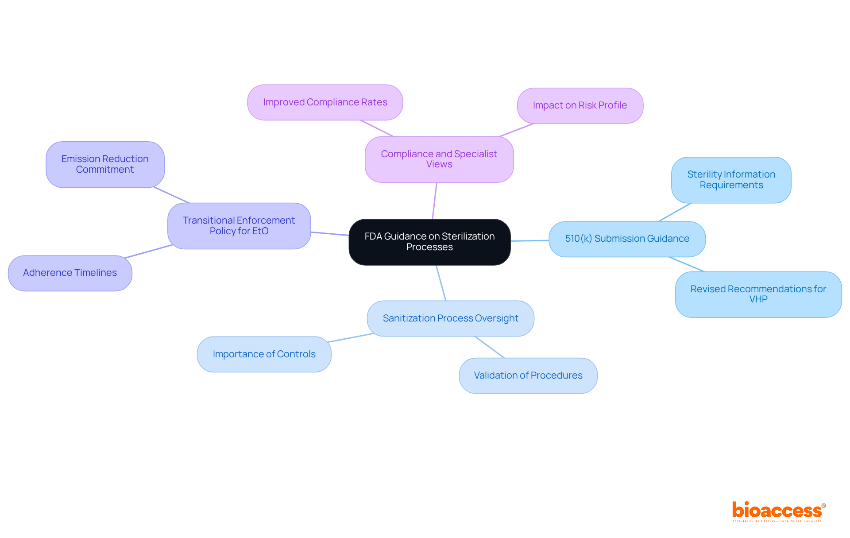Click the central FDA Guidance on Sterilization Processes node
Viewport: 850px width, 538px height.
[429, 242]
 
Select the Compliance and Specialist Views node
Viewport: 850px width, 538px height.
[439, 159]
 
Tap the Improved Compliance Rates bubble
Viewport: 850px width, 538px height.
[325, 102]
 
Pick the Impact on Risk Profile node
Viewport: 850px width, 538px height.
[580, 105]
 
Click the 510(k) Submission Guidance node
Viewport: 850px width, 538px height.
[627, 239]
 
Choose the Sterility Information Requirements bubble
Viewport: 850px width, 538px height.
[731, 180]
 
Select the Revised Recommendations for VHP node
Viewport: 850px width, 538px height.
[758, 294]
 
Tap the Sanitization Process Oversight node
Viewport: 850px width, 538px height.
[450, 318]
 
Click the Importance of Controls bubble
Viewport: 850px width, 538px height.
[264, 354]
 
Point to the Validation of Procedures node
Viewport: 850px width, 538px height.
[528, 375]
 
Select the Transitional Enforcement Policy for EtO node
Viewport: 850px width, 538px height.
[239, 226]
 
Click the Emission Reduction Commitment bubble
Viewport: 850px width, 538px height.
[105, 164]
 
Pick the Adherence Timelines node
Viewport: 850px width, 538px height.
[70, 273]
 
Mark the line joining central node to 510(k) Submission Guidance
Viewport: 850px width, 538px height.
[529, 240]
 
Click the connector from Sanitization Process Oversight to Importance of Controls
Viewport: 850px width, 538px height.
[351, 338]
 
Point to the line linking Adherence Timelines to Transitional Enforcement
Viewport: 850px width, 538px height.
[149, 251]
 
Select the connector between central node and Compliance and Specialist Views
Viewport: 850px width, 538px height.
[435, 201]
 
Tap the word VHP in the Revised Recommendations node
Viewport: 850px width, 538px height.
[758, 299]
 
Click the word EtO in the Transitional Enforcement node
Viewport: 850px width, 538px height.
[260, 231]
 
